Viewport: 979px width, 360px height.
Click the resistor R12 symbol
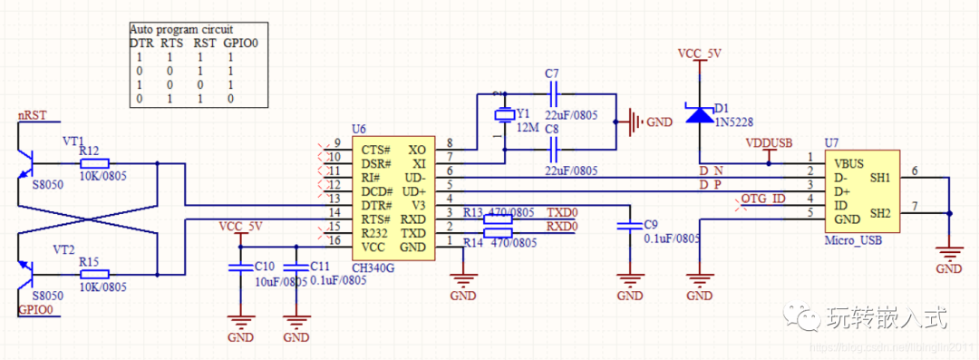[x=94, y=164]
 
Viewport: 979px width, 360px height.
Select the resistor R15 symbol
[x=94, y=274]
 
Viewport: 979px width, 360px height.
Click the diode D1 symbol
[x=699, y=115]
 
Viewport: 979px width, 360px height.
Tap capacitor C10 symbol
[x=240, y=267]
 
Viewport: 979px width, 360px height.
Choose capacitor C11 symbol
[x=295, y=267]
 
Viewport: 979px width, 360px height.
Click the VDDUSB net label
[x=769, y=143]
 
